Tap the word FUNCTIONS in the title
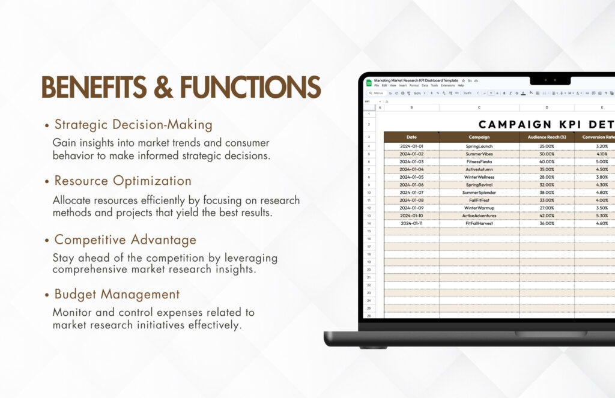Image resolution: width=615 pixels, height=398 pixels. (x=250, y=88)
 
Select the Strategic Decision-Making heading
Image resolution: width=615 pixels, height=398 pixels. (x=133, y=125)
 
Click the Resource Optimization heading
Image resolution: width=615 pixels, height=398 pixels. (x=123, y=181)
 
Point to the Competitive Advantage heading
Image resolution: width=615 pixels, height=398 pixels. (x=126, y=240)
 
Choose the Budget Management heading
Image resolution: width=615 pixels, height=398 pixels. (x=117, y=294)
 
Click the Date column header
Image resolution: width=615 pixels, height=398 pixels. (x=411, y=137)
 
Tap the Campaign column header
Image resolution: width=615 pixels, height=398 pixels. (x=479, y=137)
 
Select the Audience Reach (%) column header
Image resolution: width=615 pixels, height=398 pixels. (x=547, y=137)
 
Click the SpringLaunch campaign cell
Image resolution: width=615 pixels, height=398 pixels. (x=479, y=146)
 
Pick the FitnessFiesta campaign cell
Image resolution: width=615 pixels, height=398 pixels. (x=479, y=162)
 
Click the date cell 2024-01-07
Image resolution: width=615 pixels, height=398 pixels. (x=411, y=193)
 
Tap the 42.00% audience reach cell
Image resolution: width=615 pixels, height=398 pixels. (x=547, y=216)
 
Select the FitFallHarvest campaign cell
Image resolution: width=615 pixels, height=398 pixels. (x=479, y=223)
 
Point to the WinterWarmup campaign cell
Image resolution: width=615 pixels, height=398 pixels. (x=479, y=208)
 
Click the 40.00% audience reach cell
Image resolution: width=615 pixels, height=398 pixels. (x=547, y=162)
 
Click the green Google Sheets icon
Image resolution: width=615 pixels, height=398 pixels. (x=369, y=82)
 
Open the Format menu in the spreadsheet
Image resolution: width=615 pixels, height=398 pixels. (x=414, y=85)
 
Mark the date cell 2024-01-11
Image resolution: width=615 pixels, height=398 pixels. (x=411, y=223)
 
